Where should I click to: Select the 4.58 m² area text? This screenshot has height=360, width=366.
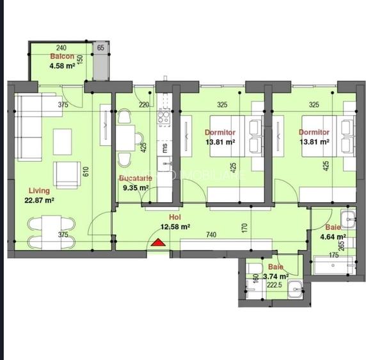62,65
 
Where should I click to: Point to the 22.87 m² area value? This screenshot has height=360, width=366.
40,200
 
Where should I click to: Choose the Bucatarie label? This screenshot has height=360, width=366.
135,178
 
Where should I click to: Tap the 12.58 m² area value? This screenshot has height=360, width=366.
175,226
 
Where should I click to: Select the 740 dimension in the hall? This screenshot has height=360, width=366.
211,235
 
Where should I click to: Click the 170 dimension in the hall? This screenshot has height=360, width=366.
245,226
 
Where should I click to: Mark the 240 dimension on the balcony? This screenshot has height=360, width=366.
61,48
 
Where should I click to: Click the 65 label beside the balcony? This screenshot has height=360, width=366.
100,48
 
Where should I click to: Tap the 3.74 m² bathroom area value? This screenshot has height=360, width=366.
277,276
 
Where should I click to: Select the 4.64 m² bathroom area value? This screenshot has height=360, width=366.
334,237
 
